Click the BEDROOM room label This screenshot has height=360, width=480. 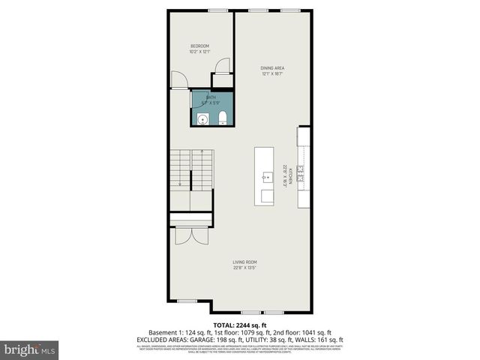(x=200, y=47)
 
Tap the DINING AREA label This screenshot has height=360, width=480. (x=273, y=68)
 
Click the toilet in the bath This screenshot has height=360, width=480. (x=223, y=117)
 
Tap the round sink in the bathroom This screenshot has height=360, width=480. (x=201, y=118)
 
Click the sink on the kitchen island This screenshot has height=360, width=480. (x=266, y=178)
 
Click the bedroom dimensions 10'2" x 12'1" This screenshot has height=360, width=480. (x=200, y=52)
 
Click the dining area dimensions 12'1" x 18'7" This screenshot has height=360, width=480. (x=273, y=73)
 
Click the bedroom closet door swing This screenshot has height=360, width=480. (x=223, y=66)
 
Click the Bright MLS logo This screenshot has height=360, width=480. (x=30, y=349)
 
